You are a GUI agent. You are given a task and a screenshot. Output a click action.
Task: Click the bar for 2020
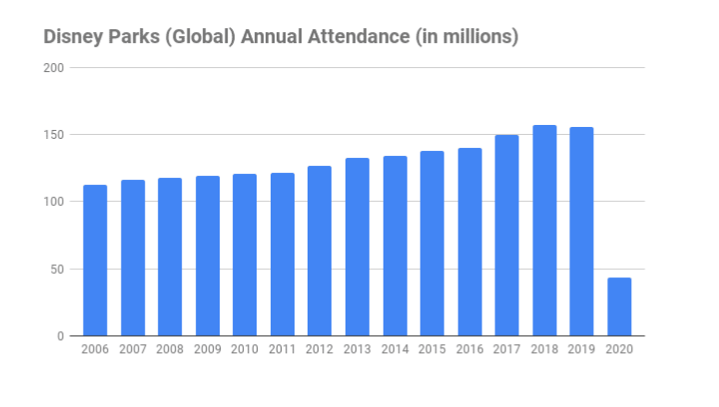(x=619, y=306)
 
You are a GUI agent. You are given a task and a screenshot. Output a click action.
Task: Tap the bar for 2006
(x=95, y=260)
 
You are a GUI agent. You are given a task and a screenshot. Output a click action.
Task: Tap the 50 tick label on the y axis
(x=57, y=269)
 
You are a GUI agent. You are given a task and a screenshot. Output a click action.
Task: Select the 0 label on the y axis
(x=60, y=336)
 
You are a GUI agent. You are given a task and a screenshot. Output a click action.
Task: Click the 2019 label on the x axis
(x=581, y=350)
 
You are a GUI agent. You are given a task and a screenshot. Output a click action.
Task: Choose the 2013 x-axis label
(x=357, y=350)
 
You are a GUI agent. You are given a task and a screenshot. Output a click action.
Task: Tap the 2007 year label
(x=132, y=350)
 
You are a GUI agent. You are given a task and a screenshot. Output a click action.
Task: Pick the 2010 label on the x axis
(x=245, y=350)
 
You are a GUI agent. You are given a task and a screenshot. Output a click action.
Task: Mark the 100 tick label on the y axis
(x=53, y=202)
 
